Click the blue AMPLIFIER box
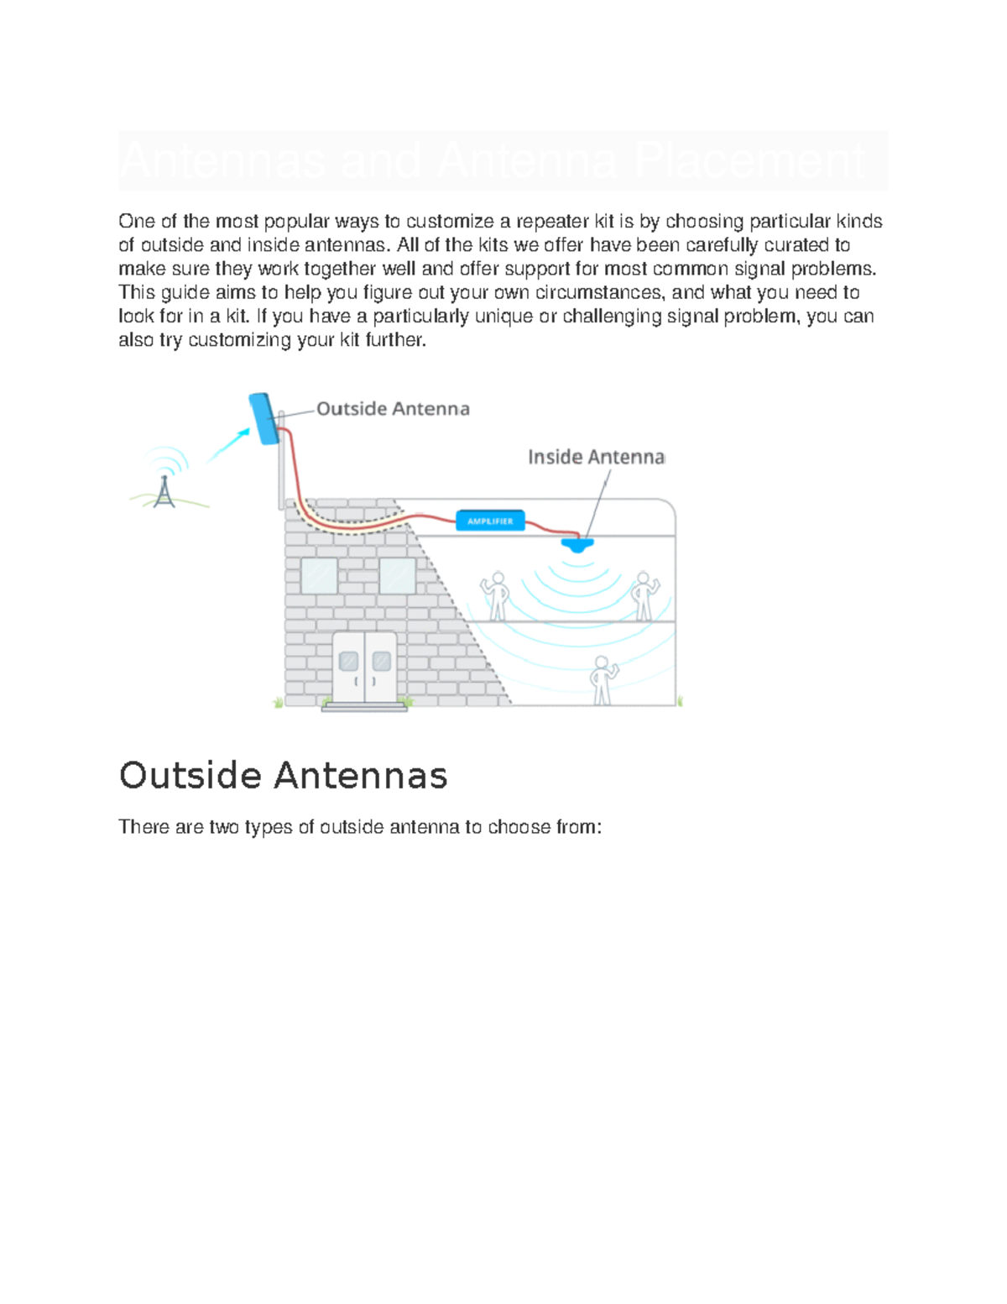coord(490,521)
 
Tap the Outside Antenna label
coord(393,409)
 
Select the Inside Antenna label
coord(596,457)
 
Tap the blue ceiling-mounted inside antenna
coord(577,543)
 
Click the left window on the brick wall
coord(319,576)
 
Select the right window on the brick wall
coord(397,576)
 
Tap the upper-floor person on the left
coord(497,595)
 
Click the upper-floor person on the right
coord(644,595)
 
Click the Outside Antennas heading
coord(283,775)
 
